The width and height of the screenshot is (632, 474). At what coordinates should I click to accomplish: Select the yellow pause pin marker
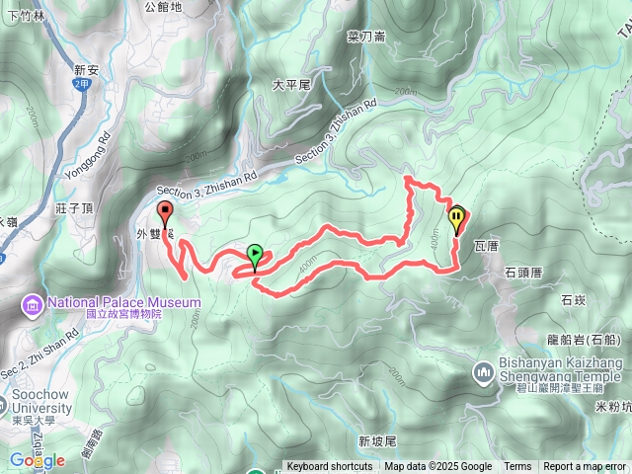coord(456,217)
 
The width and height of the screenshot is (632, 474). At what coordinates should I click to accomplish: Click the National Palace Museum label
coord(117,302)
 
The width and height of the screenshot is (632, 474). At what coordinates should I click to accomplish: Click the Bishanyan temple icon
coord(484,372)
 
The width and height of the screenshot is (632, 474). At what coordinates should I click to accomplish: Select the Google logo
coord(37,460)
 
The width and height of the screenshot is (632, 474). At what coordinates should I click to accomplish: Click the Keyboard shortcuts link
coord(330,467)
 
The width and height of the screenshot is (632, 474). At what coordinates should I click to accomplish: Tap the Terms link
coord(517,467)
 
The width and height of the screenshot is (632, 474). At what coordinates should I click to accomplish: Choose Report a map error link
coord(586,467)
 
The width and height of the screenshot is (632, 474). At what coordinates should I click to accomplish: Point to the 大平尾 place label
coord(291,85)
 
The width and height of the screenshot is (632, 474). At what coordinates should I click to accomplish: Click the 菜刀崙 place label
coord(366,37)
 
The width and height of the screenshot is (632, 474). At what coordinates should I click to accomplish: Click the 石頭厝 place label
coord(525,271)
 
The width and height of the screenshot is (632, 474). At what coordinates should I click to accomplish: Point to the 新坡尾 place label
coord(377,440)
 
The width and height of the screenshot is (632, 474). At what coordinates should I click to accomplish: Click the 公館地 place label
coord(163,7)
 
